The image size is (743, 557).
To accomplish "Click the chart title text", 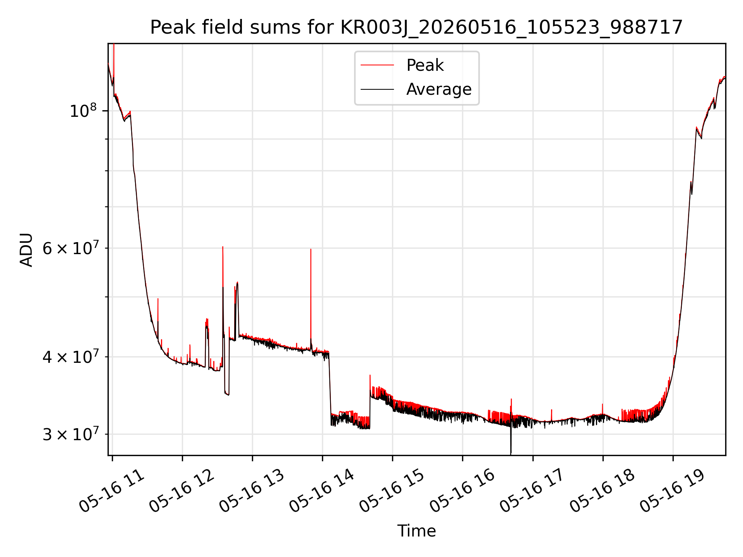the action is click(416, 27).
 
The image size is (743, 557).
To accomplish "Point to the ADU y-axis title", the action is click(26, 249).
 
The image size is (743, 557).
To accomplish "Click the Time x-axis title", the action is click(416, 531).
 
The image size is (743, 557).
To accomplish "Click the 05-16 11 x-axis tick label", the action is click(111, 490).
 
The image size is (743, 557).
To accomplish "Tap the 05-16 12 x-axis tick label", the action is click(181, 490).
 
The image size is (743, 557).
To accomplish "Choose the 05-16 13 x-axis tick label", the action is click(252, 490).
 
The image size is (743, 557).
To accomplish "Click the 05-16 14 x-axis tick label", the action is click(322, 490).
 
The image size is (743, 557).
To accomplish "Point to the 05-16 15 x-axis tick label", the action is click(392, 490).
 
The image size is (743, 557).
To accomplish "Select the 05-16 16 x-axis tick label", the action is click(462, 490).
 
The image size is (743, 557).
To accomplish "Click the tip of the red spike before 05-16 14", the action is click(311, 249).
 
